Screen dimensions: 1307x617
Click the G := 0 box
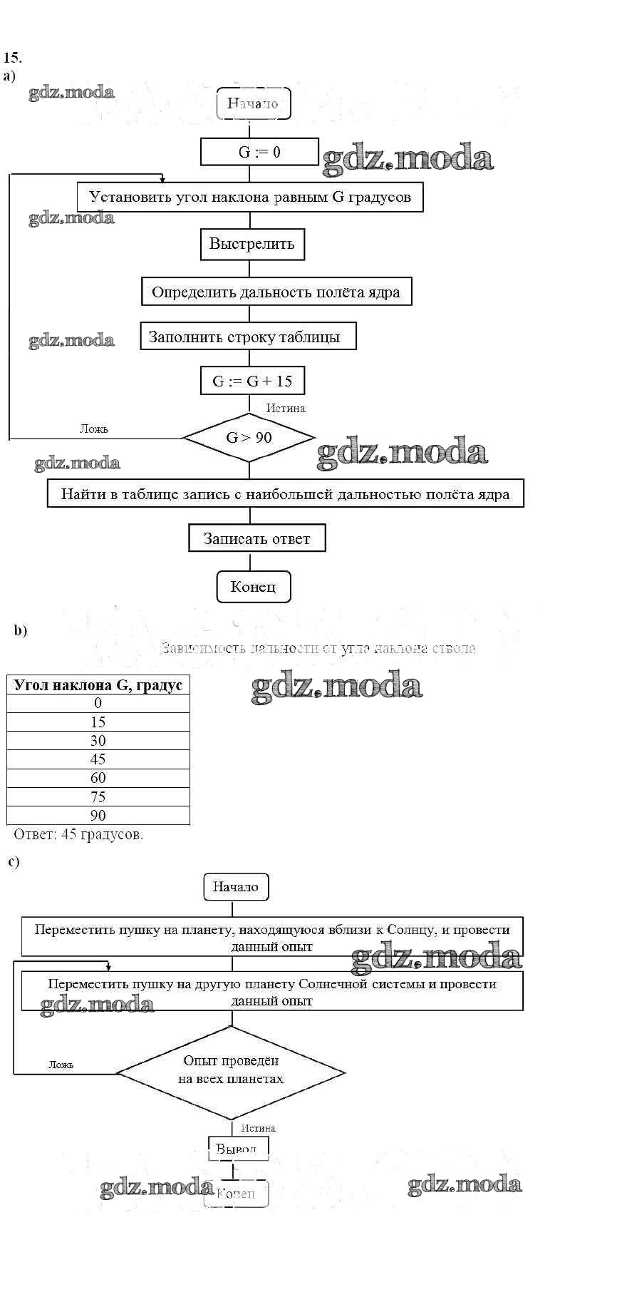(x=259, y=152)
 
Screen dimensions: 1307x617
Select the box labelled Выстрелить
(x=252, y=244)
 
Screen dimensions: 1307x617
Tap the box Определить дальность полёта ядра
(x=276, y=292)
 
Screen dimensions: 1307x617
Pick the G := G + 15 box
(x=252, y=381)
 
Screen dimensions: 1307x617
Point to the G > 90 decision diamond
(x=249, y=438)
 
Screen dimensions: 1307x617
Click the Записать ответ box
(x=256, y=538)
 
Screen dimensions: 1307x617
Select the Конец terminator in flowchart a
(x=253, y=587)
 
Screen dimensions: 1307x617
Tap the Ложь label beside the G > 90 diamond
(x=93, y=429)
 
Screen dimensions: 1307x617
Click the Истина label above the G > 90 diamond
(x=286, y=409)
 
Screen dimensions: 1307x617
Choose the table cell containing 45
(x=98, y=759)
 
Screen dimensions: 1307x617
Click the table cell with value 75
(x=98, y=797)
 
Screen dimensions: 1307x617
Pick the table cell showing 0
(x=98, y=703)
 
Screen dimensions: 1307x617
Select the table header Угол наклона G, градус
(x=98, y=685)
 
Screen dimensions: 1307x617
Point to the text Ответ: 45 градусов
(x=78, y=834)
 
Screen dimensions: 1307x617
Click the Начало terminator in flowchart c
(x=235, y=887)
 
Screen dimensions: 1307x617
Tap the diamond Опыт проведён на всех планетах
(x=231, y=1071)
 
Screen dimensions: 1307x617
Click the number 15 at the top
(x=12, y=58)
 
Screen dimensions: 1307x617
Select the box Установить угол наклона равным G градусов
(x=250, y=197)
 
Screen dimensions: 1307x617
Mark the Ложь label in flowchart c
(x=61, y=1065)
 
